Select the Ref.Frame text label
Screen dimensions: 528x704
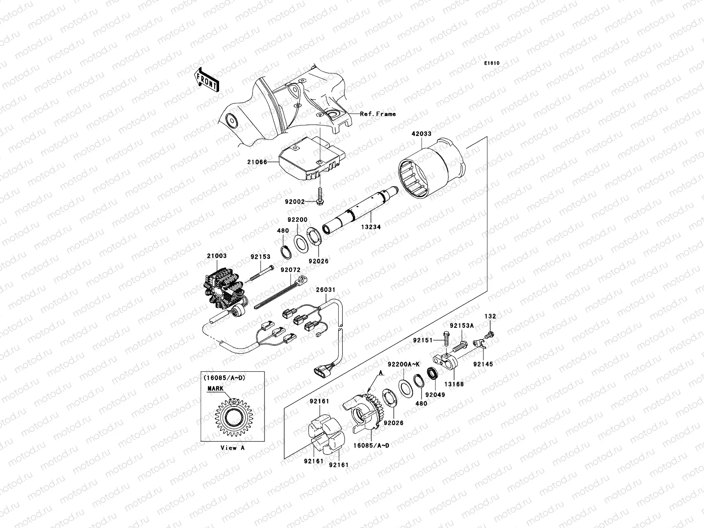point(378,114)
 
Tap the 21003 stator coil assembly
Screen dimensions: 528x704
point(222,286)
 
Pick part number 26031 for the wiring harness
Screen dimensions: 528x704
point(326,290)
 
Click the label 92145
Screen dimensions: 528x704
point(483,364)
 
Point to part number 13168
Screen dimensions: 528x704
point(454,384)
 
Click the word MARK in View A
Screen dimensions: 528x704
point(216,389)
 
